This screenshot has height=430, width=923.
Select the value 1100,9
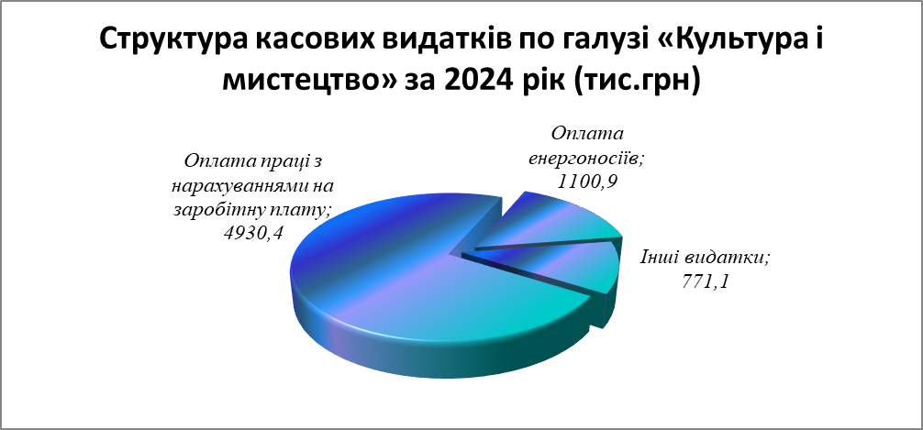point(587,181)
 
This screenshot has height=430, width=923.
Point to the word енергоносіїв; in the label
point(587,159)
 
